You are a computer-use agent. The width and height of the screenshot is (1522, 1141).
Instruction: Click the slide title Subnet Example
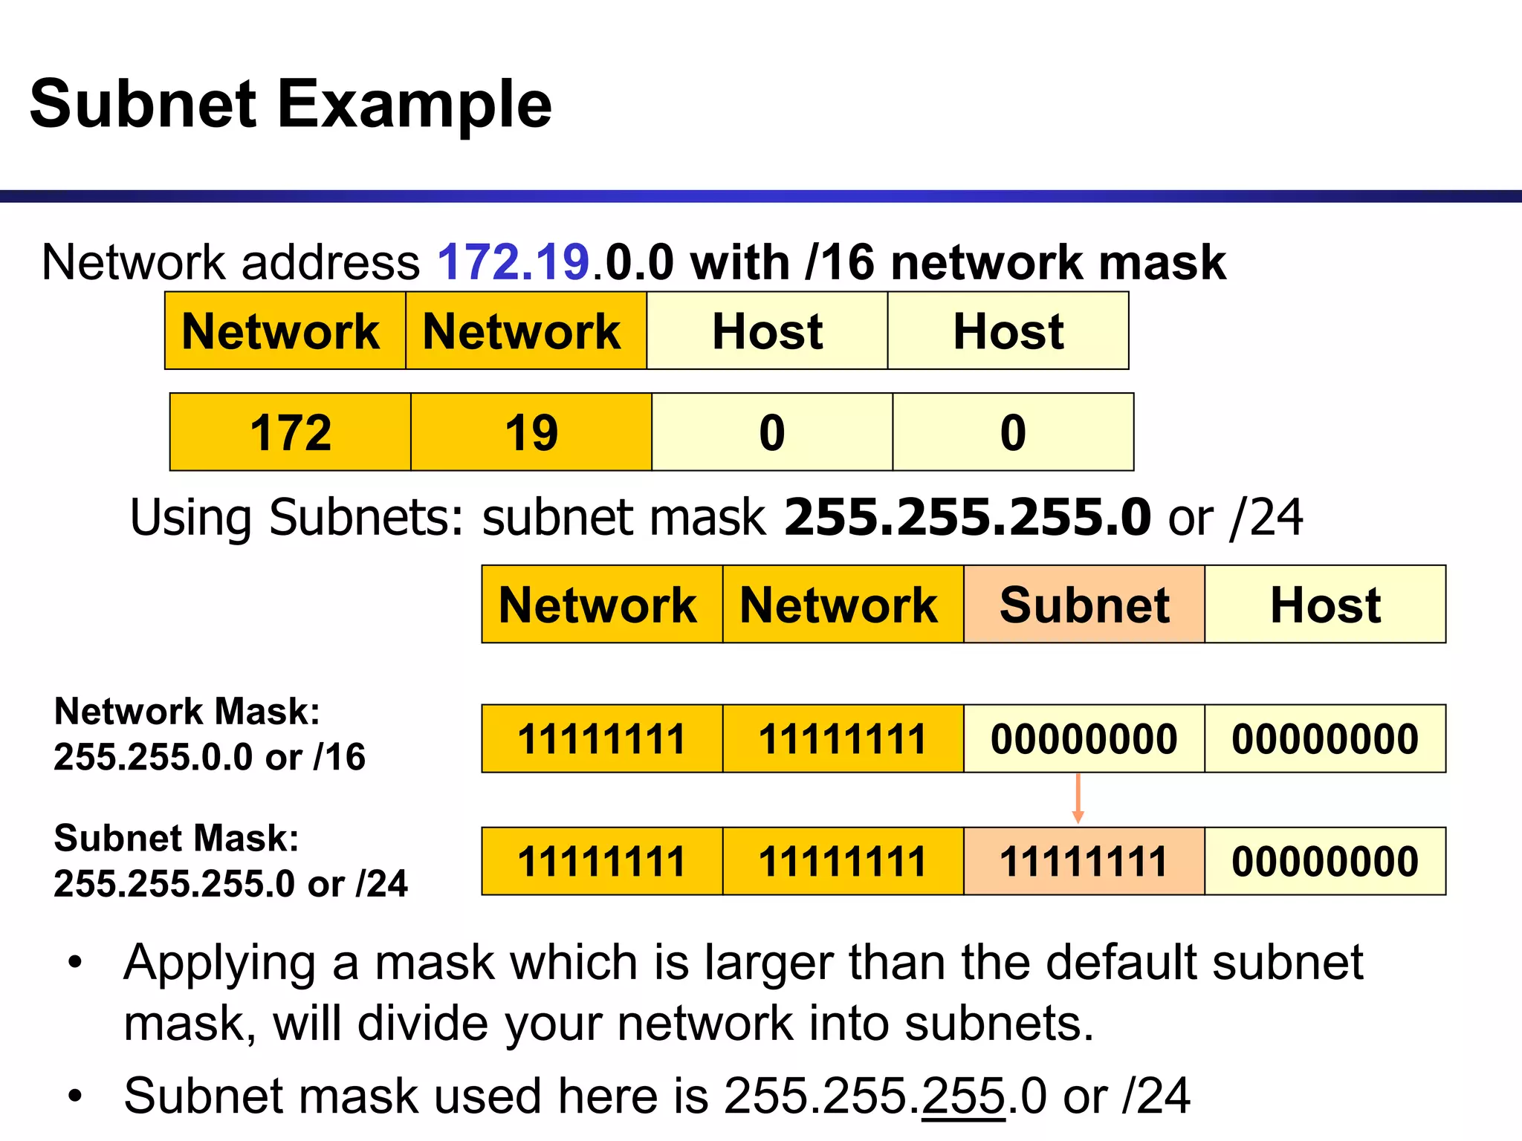click(x=291, y=104)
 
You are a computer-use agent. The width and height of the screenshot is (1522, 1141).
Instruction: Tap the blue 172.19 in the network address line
click(x=513, y=262)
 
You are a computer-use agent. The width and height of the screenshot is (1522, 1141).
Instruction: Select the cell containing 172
click(x=291, y=432)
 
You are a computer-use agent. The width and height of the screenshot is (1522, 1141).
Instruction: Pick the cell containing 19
click(x=531, y=432)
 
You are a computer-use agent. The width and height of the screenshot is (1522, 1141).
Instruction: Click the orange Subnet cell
click(x=1084, y=605)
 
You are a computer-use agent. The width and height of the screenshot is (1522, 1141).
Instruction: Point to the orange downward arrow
click(x=1078, y=799)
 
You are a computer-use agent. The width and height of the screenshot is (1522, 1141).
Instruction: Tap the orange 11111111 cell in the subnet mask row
click(x=1084, y=862)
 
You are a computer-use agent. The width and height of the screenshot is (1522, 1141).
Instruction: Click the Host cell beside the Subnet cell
click(x=1325, y=605)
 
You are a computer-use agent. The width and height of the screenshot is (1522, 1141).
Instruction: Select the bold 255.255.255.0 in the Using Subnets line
click(x=968, y=517)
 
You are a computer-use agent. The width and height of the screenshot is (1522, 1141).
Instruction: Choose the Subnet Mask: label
click(x=177, y=839)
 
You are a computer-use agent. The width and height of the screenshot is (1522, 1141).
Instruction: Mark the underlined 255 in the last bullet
click(x=963, y=1096)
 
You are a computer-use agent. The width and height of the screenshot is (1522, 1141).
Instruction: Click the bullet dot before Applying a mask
click(x=74, y=963)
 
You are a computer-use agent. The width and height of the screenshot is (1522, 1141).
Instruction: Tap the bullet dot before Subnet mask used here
click(x=74, y=1096)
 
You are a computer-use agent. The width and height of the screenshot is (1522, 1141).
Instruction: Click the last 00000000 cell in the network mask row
click(x=1325, y=739)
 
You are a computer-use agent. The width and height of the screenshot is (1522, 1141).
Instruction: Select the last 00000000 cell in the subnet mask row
click(x=1325, y=862)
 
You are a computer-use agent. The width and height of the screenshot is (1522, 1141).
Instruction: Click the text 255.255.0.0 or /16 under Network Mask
click(x=210, y=758)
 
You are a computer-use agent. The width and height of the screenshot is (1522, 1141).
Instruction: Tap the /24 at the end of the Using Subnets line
click(x=1266, y=517)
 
